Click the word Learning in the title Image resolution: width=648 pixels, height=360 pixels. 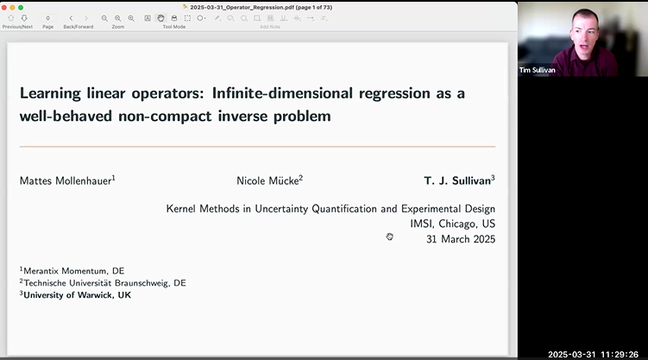(50, 92)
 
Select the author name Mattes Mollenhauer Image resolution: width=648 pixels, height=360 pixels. (66, 180)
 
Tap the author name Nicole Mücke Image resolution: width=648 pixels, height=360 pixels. (267, 180)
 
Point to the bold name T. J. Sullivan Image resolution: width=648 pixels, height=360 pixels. (457, 180)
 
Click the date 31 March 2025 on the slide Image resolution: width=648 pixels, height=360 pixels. (460, 239)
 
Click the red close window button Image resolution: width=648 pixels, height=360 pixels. (6, 7)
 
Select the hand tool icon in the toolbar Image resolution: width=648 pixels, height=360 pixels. (160, 18)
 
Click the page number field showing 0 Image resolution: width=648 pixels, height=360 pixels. (47, 18)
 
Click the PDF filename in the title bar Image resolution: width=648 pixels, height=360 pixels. (259, 7)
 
